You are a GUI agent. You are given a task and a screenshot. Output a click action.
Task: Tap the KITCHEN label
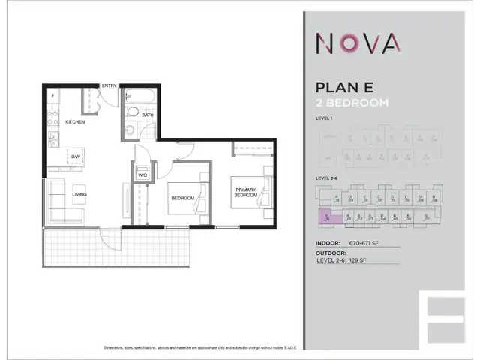click(x=75, y=121)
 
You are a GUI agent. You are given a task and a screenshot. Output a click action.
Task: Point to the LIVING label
click(x=79, y=194)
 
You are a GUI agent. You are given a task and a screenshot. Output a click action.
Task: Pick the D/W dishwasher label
click(x=76, y=157)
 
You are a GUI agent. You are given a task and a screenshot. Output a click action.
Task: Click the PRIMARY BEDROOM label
click(x=245, y=192)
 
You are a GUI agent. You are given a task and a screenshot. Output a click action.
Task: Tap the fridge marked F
click(x=52, y=97)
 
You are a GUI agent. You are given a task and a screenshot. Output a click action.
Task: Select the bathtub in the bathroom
click(x=140, y=96)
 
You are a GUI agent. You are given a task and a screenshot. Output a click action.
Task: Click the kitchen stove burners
click(x=52, y=118)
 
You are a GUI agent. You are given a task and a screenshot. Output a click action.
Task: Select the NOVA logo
click(x=358, y=44)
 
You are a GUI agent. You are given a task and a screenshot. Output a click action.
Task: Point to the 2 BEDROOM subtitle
click(x=352, y=103)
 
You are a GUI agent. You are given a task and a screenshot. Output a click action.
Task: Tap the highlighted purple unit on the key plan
click(x=327, y=217)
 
